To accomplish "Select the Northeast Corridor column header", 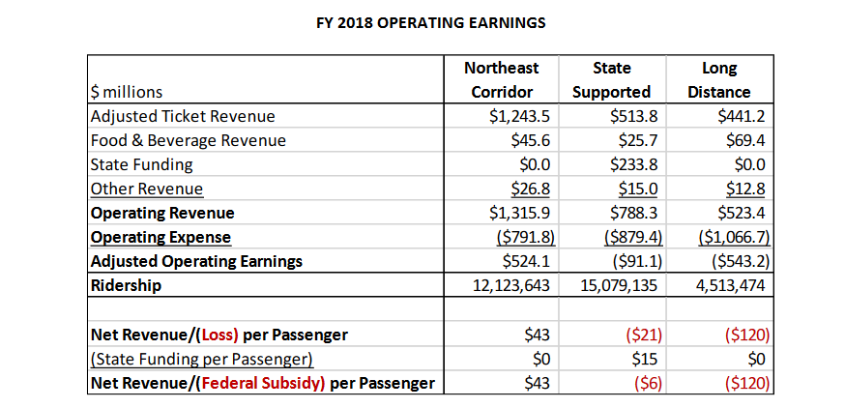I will (502, 80).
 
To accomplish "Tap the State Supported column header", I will (611, 80).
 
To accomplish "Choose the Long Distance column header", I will (719, 80).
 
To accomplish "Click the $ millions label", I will (127, 93).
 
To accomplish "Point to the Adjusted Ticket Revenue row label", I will (183, 116).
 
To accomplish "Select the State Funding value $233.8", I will (628, 164).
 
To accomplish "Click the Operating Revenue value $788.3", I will (628, 213).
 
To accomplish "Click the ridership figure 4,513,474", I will (720, 285).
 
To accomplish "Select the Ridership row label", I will (126, 285).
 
